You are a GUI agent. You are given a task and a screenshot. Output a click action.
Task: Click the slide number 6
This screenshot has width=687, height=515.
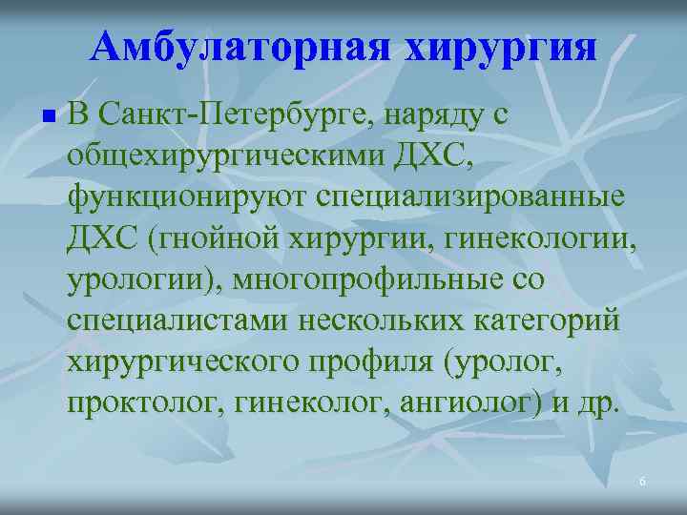click(x=642, y=483)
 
